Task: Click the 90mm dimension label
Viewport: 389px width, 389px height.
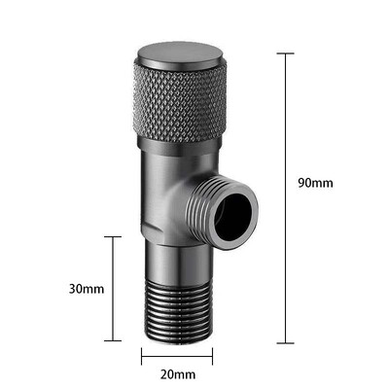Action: (315, 183)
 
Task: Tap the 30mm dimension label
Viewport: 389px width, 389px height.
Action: (87, 289)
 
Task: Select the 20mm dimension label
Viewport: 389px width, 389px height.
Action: (178, 374)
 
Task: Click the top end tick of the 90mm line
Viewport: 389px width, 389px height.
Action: (286, 53)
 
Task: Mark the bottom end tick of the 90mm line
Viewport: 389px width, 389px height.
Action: (286, 342)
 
